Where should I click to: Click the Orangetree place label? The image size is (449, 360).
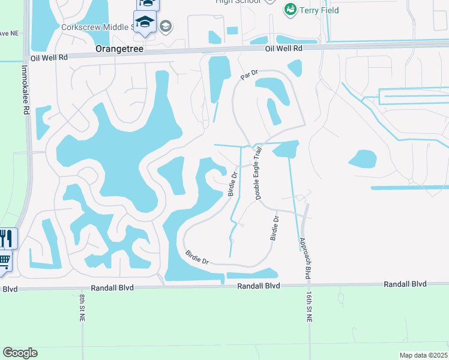point(119,49)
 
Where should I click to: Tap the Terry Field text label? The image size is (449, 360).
point(319,10)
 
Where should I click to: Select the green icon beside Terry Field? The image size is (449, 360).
point(291,10)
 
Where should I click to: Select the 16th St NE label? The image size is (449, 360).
point(310,308)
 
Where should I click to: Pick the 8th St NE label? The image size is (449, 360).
point(80,308)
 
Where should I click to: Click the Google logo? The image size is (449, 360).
point(20,353)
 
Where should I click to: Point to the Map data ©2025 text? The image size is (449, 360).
point(423,355)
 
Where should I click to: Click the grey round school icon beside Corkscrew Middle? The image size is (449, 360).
point(166,26)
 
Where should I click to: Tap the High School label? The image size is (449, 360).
point(238,2)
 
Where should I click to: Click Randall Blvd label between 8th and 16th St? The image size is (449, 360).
point(258,286)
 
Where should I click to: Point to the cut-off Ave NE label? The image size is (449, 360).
point(8,32)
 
